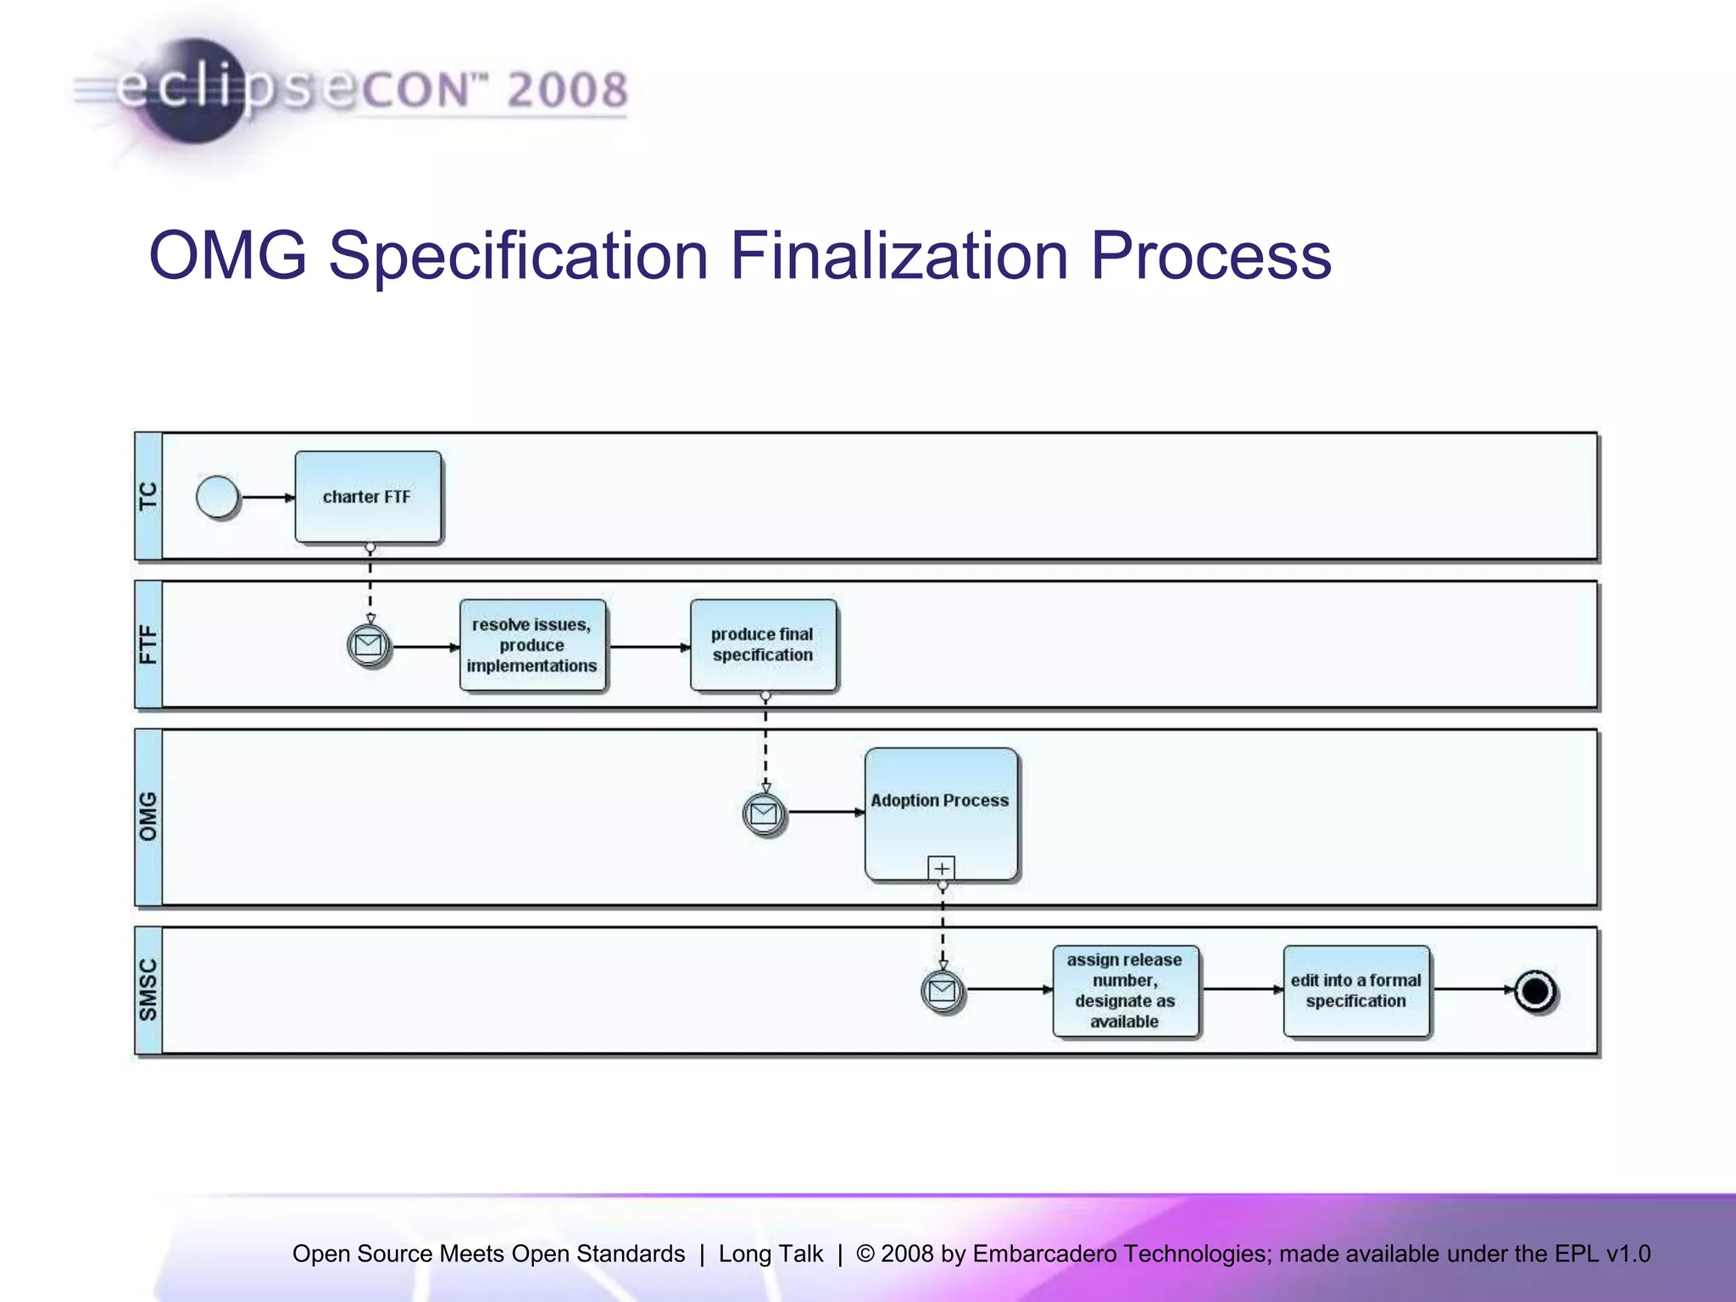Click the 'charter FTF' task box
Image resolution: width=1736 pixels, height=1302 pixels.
click(368, 497)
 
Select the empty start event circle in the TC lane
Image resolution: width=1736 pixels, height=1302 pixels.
click(218, 497)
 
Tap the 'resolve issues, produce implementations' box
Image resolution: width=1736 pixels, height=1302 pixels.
click(532, 645)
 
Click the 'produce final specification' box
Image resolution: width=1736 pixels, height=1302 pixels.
click(763, 645)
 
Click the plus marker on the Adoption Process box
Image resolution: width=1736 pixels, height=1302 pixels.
click(942, 868)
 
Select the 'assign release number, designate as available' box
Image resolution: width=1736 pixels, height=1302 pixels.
click(1125, 990)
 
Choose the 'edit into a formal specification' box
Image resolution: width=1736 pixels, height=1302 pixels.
click(1355, 990)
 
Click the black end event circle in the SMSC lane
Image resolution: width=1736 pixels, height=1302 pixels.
click(1535, 990)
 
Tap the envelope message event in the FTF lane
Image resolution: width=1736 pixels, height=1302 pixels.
click(369, 646)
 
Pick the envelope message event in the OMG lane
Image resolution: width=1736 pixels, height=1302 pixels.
click(764, 814)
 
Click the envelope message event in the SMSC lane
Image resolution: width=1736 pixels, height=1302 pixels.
click(942, 990)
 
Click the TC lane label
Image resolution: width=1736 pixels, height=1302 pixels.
click(148, 497)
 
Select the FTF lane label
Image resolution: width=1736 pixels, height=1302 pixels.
click(148, 645)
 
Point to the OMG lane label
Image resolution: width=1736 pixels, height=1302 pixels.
click(148, 817)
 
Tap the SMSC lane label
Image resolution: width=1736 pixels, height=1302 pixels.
click(148, 990)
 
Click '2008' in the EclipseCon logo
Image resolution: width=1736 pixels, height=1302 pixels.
click(568, 90)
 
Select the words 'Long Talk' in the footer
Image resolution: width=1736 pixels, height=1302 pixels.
click(771, 1254)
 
